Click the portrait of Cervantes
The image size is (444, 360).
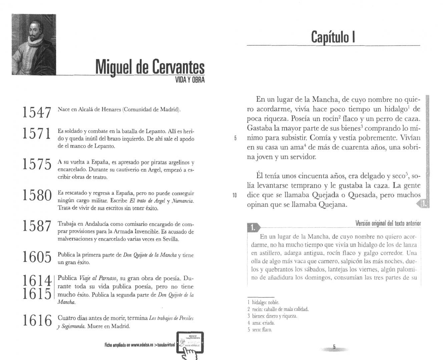[x=34, y=44]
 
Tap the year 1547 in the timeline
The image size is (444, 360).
[x=36, y=112]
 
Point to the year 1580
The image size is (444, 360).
[x=36, y=196]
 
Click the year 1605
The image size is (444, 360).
[x=36, y=257]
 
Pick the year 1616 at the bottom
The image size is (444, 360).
[x=36, y=321]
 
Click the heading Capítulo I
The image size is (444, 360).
[x=333, y=36]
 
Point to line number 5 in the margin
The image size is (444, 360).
[x=235, y=138]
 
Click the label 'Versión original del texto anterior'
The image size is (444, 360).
[x=388, y=223]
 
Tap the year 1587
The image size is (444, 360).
[x=36, y=226]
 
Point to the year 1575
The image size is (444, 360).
[x=36, y=165]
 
